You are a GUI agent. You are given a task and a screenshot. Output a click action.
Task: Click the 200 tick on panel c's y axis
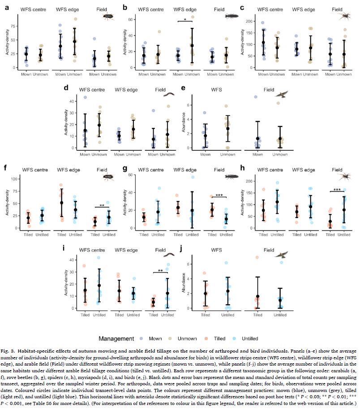pos(249,21)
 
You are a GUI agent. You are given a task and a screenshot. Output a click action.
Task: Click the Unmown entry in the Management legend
pos(190,339)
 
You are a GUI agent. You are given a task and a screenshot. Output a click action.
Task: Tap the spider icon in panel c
pos(345,16)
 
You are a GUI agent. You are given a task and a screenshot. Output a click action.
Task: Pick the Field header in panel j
pos(269,251)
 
